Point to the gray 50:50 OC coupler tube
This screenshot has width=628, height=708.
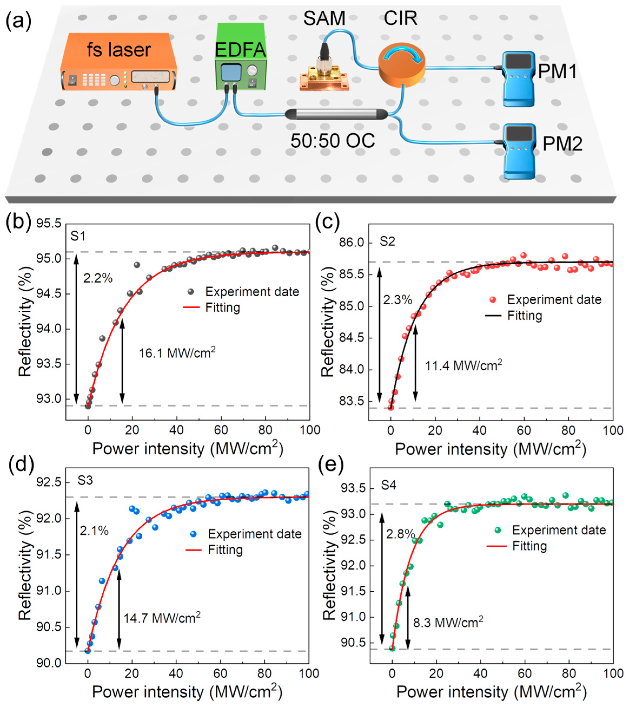(336, 114)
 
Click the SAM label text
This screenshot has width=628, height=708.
(324, 18)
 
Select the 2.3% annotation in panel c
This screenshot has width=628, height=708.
(397, 300)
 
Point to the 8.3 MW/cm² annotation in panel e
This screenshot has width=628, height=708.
(448, 623)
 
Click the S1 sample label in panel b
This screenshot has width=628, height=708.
(78, 236)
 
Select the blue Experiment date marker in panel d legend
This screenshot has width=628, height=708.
(194, 534)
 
